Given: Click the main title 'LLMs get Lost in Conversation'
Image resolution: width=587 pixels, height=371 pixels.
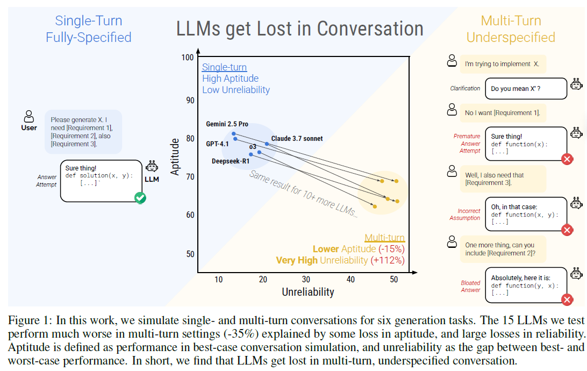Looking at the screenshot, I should (x=299, y=28).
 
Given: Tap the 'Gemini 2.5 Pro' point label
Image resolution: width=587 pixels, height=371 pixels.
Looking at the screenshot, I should (x=227, y=124).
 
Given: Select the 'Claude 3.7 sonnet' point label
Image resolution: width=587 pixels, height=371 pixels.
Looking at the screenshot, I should (x=297, y=139).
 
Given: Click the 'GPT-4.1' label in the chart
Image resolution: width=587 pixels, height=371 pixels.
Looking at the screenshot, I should (x=217, y=144).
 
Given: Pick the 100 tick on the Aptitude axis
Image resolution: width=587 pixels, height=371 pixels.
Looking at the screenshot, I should (x=187, y=58).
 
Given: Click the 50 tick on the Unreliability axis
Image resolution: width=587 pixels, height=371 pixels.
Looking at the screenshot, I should (x=393, y=279).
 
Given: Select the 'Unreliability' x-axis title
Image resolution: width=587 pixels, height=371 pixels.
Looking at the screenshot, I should (x=308, y=292).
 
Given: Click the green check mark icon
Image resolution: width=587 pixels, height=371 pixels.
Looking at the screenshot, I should (x=140, y=198).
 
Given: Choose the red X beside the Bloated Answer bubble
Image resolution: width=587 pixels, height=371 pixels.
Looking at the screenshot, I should (x=566, y=300).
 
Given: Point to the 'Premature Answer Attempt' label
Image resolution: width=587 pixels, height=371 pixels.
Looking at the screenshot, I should (x=467, y=144).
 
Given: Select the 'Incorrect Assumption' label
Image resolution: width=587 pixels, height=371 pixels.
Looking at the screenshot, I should (x=465, y=214).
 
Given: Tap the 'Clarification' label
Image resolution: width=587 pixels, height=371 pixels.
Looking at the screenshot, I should (x=466, y=88).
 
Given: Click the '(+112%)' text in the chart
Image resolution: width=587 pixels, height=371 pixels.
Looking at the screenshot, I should (x=387, y=260).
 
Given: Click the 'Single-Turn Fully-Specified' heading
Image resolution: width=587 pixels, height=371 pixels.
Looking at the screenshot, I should (x=89, y=29).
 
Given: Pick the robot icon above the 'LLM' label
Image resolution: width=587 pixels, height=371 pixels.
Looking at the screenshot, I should (x=152, y=166).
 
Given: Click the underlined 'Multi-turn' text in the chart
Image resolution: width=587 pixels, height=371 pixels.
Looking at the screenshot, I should (x=384, y=238).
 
